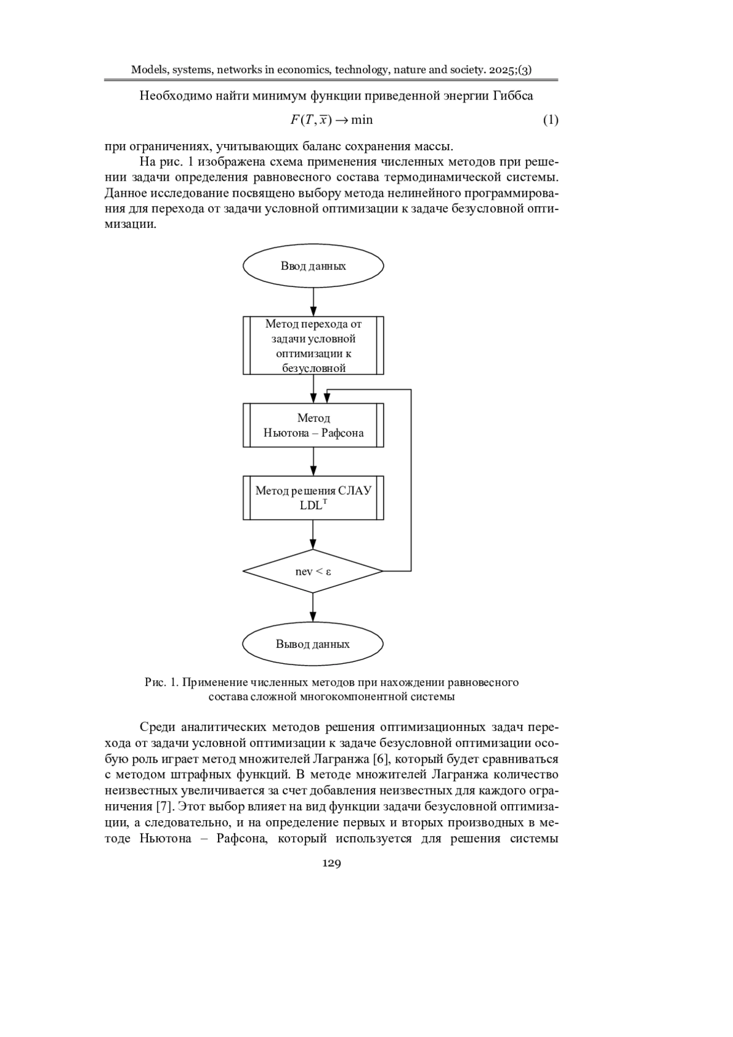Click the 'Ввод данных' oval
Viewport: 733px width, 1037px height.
[313, 266]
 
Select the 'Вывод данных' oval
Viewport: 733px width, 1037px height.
[313, 644]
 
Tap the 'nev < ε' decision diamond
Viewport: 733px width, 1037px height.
[313, 571]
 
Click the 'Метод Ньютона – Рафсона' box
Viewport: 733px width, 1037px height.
[313, 425]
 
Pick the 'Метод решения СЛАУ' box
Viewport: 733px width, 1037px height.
[313, 498]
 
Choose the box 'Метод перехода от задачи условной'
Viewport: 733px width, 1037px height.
[313, 346]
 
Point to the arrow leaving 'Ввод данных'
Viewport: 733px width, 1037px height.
[313, 302]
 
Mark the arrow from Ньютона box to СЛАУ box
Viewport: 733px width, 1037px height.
[313, 461]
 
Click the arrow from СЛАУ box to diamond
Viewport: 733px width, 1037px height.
[313, 534]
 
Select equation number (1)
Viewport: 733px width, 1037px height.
[550, 120]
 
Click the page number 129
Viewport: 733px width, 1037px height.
[331, 863]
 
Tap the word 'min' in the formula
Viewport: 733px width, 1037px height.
[362, 120]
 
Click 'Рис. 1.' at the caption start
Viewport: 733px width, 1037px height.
[161, 682]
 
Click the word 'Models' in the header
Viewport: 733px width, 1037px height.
[148, 70]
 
